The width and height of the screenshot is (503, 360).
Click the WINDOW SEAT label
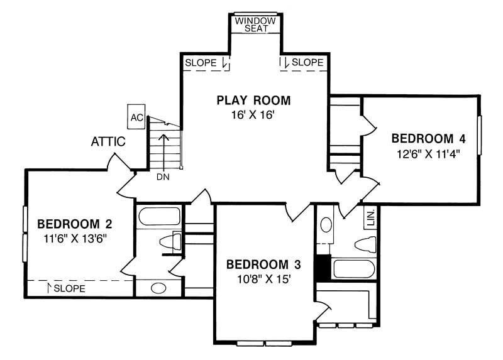coord(255,25)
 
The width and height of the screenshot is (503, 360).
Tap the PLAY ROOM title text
coord(253,101)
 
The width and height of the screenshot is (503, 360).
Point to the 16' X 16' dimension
coord(253,115)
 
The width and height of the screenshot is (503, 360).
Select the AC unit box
coord(136,117)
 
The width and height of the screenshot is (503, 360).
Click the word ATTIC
coord(108,141)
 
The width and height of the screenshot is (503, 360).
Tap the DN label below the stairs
coord(163,177)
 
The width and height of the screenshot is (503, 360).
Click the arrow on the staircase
coord(164,151)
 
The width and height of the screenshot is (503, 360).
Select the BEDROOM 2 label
coord(75,224)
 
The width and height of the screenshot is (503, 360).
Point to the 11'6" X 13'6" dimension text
coord(75,239)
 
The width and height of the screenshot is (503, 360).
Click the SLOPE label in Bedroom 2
coord(70,288)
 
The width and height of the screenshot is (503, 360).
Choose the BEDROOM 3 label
coord(263,265)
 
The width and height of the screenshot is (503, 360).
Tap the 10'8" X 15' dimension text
coord(264,279)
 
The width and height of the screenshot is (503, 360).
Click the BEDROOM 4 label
coord(429,138)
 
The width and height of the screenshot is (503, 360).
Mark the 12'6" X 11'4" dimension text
coord(429,154)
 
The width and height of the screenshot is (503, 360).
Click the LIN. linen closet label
coord(371,218)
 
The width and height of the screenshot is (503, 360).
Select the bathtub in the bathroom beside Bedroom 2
coord(160,216)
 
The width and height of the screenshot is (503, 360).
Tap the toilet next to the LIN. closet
coord(365,244)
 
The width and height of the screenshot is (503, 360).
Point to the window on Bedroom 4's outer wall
coord(480,135)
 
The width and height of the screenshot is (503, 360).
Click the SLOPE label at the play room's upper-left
coord(201,62)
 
